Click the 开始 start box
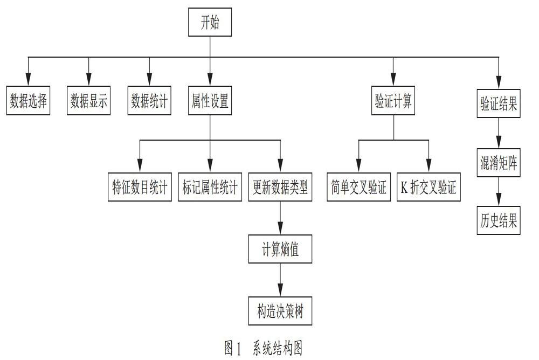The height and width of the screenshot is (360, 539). (x=210, y=22)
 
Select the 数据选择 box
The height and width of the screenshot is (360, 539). (x=28, y=100)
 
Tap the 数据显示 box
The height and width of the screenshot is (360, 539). (x=89, y=100)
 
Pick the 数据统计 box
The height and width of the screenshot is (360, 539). (x=149, y=100)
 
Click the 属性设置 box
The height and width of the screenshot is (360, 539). (x=210, y=100)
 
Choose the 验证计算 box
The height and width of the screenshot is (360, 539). (x=393, y=100)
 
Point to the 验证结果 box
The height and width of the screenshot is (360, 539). (x=499, y=103)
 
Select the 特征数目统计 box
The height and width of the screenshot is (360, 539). (x=140, y=187)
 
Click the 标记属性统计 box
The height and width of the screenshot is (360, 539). (x=210, y=187)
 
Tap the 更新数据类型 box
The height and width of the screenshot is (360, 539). (x=280, y=187)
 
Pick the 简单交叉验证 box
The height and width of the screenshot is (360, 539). (x=358, y=187)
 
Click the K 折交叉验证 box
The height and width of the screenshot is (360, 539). (x=429, y=187)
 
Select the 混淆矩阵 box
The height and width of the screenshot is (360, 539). (x=499, y=163)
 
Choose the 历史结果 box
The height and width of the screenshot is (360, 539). (x=499, y=220)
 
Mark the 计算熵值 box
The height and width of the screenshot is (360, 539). (x=280, y=249)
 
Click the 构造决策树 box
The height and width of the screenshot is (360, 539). (x=280, y=311)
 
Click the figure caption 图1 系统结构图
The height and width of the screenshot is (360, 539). (x=264, y=348)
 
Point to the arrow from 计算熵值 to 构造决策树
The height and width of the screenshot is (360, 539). (x=280, y=280)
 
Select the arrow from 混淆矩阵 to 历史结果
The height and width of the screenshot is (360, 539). (x=499, y=191)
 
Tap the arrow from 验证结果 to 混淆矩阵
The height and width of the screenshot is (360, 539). (x=499, y=133)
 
